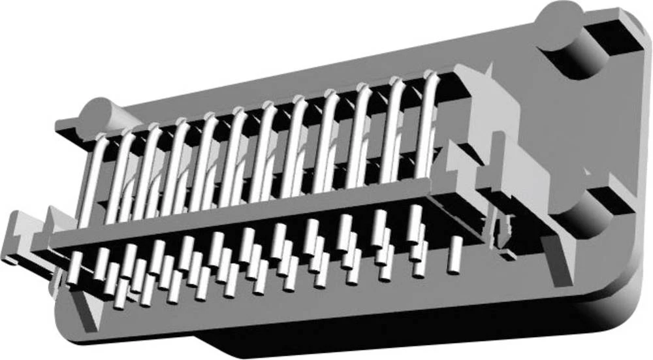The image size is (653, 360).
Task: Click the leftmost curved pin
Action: pyautogui.click(x=91, y=176)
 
